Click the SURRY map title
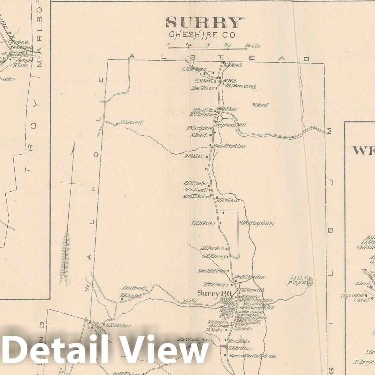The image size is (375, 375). pyautogui.click(x=204, y=23)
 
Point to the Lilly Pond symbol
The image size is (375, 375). pyautogui.click(x=310, y=282)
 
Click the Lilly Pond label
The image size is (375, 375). pyautogui.click(x=298, y=280)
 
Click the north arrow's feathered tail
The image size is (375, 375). pyautogui.click(x=65, y=256)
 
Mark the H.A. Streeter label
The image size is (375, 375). pyautogui.click(x=196, y=183)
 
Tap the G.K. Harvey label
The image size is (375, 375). pyautogui.click(x=214, y=257)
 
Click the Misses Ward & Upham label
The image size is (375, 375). pyautogui.click(x=252, y=356)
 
